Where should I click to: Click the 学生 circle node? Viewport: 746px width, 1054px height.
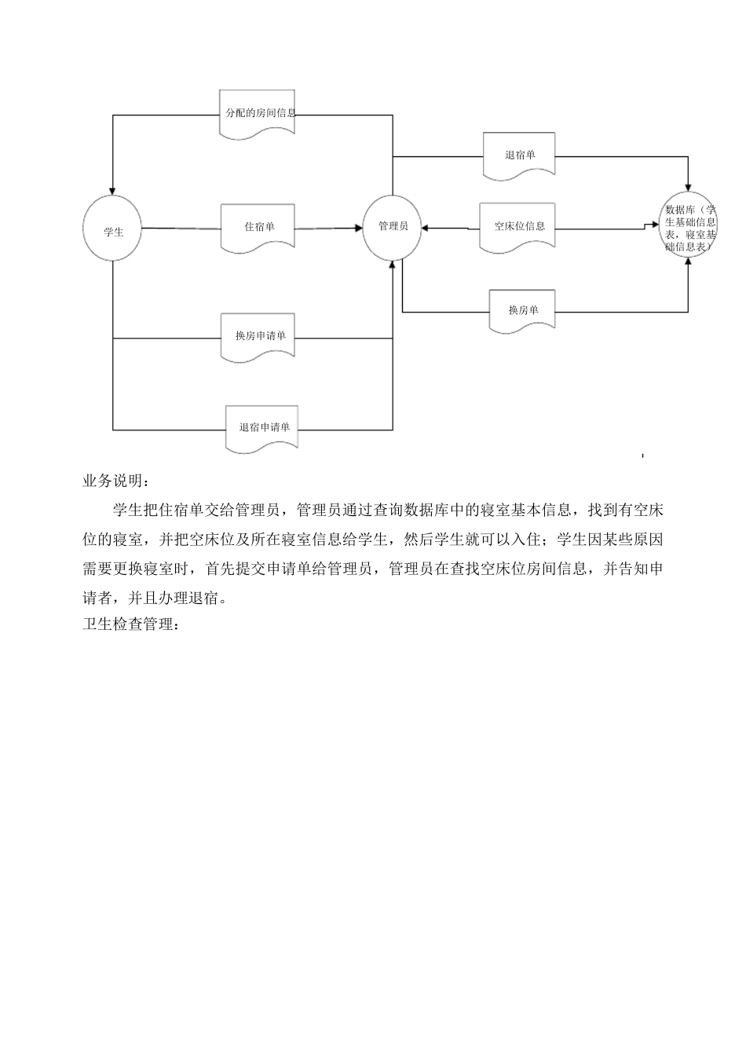(x=114, y=231)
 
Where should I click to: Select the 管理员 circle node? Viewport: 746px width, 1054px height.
(x=393, y=227)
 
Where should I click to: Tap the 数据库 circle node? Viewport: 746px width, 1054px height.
(x=689, y=227)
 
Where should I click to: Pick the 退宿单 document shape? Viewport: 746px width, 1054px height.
(x=520, y=155)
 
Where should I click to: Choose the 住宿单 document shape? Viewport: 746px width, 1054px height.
(x=259, y=227)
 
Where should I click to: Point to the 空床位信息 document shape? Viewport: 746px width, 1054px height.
(x=519, y=227)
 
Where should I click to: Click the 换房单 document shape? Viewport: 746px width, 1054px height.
(x=523, y=310)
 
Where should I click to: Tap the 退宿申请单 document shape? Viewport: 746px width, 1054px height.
(x=264, y=428)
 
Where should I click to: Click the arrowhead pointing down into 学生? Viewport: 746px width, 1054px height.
(x=113, y=192)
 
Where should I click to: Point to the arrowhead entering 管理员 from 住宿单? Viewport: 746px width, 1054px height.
(x=357, y=228)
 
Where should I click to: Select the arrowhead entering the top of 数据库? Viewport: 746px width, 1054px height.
(x=689, y=186)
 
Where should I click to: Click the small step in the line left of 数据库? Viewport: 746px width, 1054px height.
(x=646, y=226)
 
